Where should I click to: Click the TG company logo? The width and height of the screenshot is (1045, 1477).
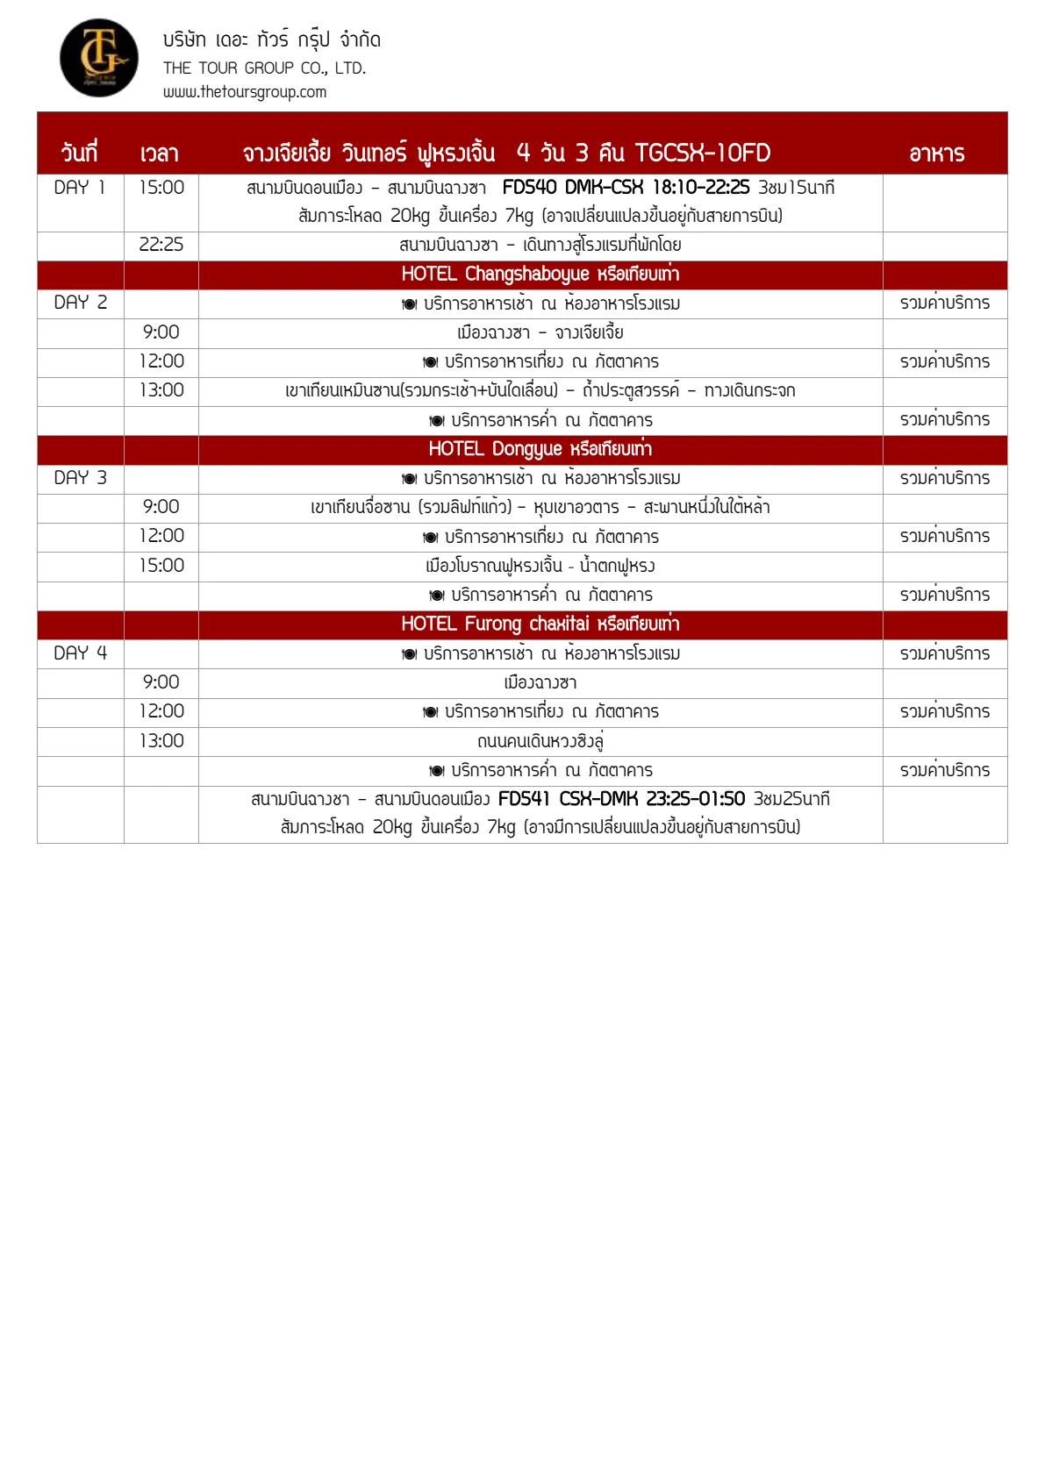click(x=98, y=58)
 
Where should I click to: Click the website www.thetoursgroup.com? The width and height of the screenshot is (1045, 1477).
click(x=244, y=92)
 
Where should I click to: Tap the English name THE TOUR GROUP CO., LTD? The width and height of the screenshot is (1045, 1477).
click(x=264, y=68)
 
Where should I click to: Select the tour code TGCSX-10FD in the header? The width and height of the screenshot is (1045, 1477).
click(x=702, y=153)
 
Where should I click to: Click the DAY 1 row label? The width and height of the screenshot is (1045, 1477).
click(x=80, y=188)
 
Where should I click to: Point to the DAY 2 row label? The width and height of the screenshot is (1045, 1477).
click(x=80, y=303)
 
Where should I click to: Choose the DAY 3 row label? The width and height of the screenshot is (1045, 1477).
click(x=80, y=478)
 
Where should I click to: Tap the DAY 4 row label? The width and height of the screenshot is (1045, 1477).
click(x=80, y=653)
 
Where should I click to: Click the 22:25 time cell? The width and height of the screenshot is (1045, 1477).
click(x=161, y=245)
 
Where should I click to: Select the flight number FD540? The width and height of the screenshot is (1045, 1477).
click(x=529, y=188)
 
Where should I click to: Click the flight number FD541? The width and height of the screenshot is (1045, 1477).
click(x=524, y=799)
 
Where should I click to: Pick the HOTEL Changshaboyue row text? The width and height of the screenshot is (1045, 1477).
click(x=540, y=274)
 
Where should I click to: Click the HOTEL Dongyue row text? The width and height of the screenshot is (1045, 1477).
click(x=540, y=449)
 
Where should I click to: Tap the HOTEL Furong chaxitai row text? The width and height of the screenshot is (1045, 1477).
click(x=540, y=624)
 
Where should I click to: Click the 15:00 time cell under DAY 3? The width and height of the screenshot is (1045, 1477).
click(x=161, y=566)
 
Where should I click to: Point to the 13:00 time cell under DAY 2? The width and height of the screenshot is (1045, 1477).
click(x=161, y=390)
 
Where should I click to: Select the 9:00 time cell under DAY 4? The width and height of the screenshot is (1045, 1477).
click(x=161, y=682)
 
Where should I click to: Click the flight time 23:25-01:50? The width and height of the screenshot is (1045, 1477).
click(x=695, y=799)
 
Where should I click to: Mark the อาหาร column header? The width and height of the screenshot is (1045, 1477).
click(x=936, y=153)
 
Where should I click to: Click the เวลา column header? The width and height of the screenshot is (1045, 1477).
click(x=159, y=153)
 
